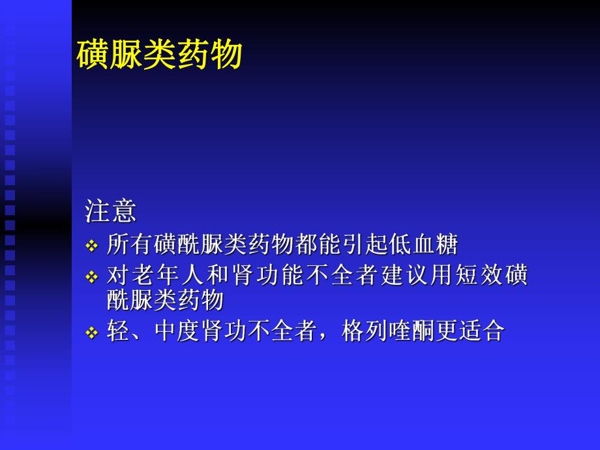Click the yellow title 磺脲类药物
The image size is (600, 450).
point(160,55)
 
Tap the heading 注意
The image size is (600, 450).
point(110,211)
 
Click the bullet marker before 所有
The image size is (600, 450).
point(91,247)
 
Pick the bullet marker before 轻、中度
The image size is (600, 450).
point(91,333)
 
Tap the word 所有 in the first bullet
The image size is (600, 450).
point(130,245)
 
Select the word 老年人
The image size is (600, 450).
point(170,276)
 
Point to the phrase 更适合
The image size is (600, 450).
point(470,331)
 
